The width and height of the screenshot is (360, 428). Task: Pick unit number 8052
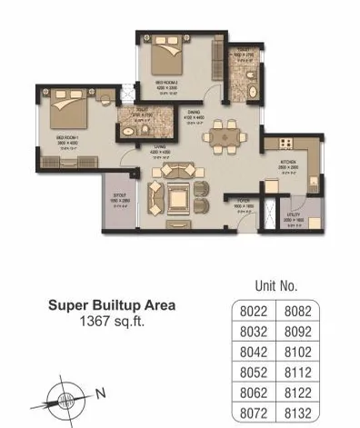[x=247, y=372]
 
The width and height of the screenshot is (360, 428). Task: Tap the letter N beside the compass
[x=102, y=394]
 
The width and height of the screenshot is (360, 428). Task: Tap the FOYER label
[x=242, y=202]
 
